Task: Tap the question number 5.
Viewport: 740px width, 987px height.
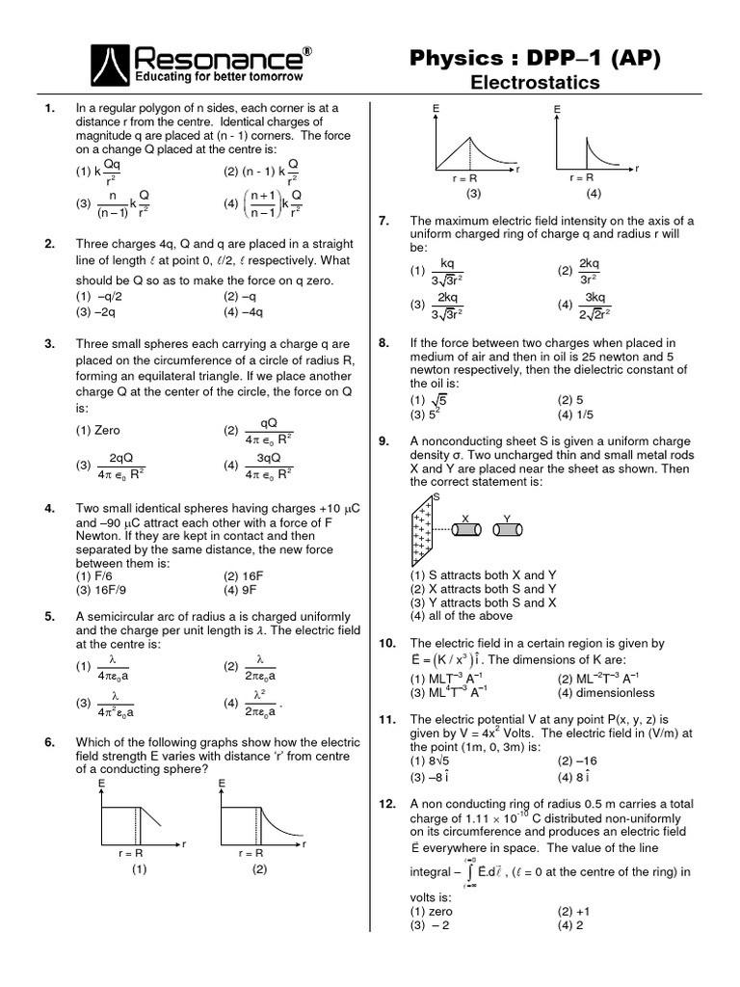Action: click(x=49, y=617)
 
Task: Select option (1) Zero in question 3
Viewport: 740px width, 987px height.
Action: click(x=98, y=430)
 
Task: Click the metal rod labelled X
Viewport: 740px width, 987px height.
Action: click(x=466, y=529)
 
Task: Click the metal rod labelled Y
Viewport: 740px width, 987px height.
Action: click(x=507, y=529)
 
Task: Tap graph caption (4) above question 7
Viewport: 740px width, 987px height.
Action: click(x=594, y=193)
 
